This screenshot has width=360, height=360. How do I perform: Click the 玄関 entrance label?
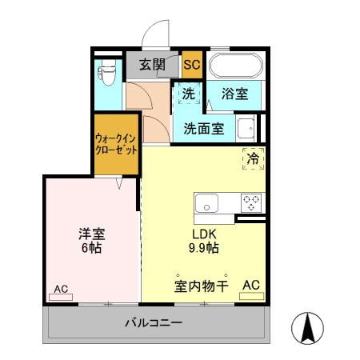click(152, 65)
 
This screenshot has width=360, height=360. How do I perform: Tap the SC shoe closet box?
click(192, 65)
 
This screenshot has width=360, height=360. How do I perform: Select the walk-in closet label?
click(116, 144)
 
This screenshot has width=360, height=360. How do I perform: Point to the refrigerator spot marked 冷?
click(252, 158)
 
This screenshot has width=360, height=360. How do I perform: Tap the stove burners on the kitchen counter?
click(252, 202)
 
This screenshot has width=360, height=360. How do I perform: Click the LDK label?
click(202, 234)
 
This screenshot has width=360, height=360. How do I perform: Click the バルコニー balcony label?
click(154, 324)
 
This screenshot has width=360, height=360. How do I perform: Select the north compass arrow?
click(308, 326)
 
